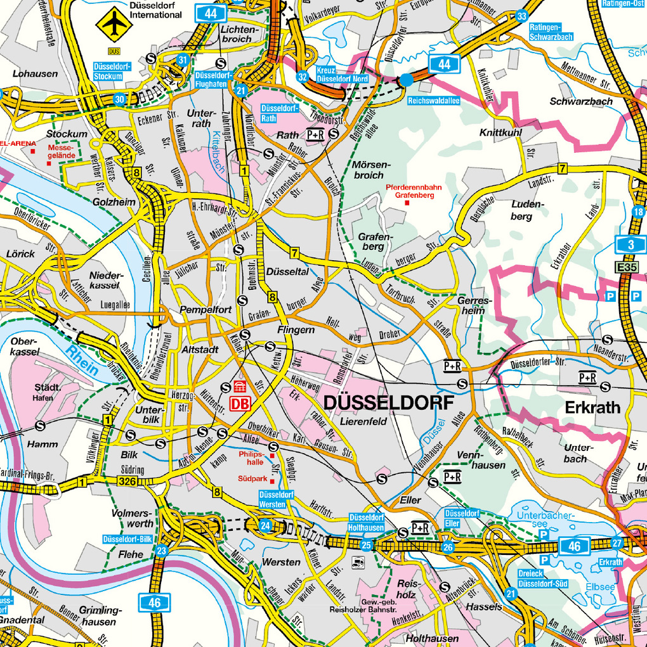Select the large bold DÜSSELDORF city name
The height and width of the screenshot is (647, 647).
click(389, 403)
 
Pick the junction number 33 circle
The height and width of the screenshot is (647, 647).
click(521, 16)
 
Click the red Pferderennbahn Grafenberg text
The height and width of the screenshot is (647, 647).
click(409, 192)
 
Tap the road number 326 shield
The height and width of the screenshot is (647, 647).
click(126, 483)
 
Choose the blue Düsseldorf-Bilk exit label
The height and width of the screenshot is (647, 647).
click(127, 539)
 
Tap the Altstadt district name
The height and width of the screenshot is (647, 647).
click(200, 350)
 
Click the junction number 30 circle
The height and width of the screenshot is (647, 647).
click(120, 99)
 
